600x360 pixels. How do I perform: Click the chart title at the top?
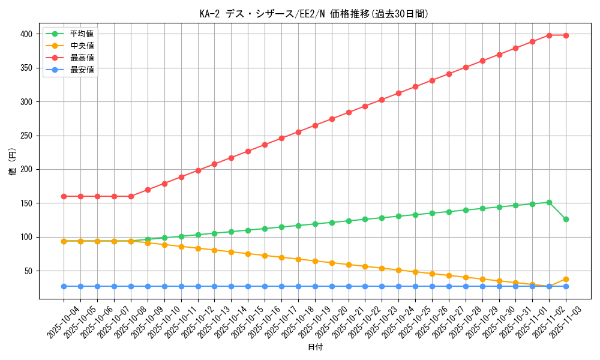coord(314,14)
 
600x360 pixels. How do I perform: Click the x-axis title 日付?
coord(314,347)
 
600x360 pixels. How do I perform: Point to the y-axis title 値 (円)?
coord(12,162)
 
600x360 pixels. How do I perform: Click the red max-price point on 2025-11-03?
coord(566,35)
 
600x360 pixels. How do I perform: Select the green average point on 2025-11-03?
coord(566,219)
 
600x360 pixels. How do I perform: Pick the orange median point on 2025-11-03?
coord(566,279)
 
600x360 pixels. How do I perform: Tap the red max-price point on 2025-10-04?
coord(64,196)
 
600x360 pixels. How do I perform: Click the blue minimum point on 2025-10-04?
coord(64,286)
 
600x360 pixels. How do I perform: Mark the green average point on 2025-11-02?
coord(549,202)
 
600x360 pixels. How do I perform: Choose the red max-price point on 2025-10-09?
coord(148,190)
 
